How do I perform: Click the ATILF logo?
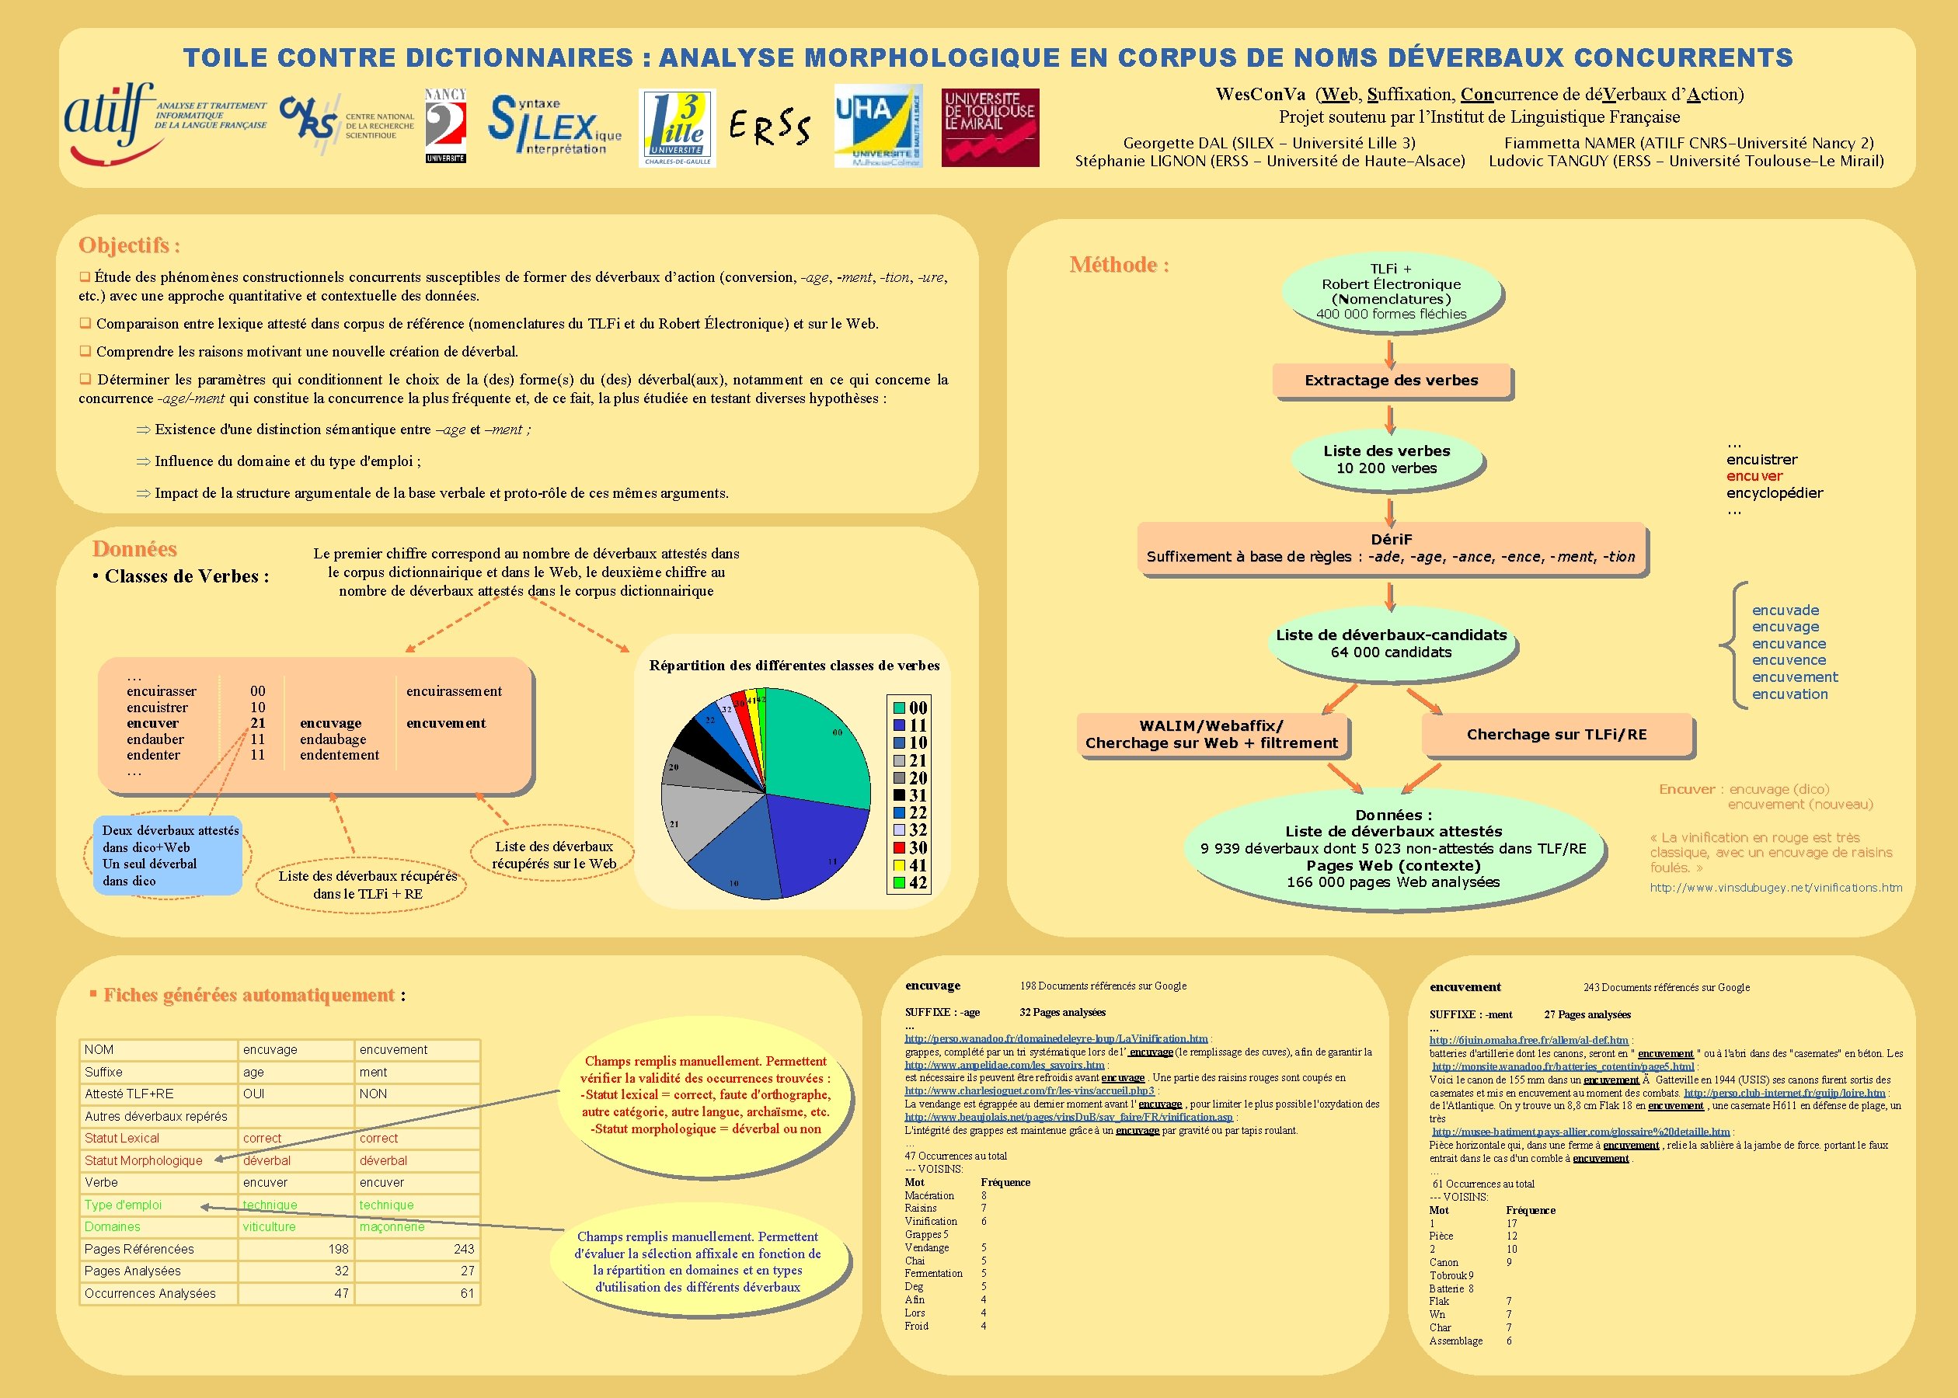pos(164,123)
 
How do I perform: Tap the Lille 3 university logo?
pos(678,127)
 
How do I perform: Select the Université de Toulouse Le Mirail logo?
pos(990,127)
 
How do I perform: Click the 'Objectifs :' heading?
pos(129,245)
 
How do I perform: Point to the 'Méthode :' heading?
pos(1119,265)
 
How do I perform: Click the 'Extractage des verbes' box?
pos(1391,381)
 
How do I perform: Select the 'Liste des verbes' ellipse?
pos(1386,460)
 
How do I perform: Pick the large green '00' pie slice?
pos(818,749)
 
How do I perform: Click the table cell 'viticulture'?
pos(270,1226)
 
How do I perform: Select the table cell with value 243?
pos(463,1249)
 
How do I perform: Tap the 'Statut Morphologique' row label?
pos(144,1160)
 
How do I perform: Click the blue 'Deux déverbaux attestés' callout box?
pos(168,855)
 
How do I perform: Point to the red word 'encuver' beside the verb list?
pos(1754,476)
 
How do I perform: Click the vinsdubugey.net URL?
pos(1775,888)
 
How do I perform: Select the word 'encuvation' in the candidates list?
pos(1789,694)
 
